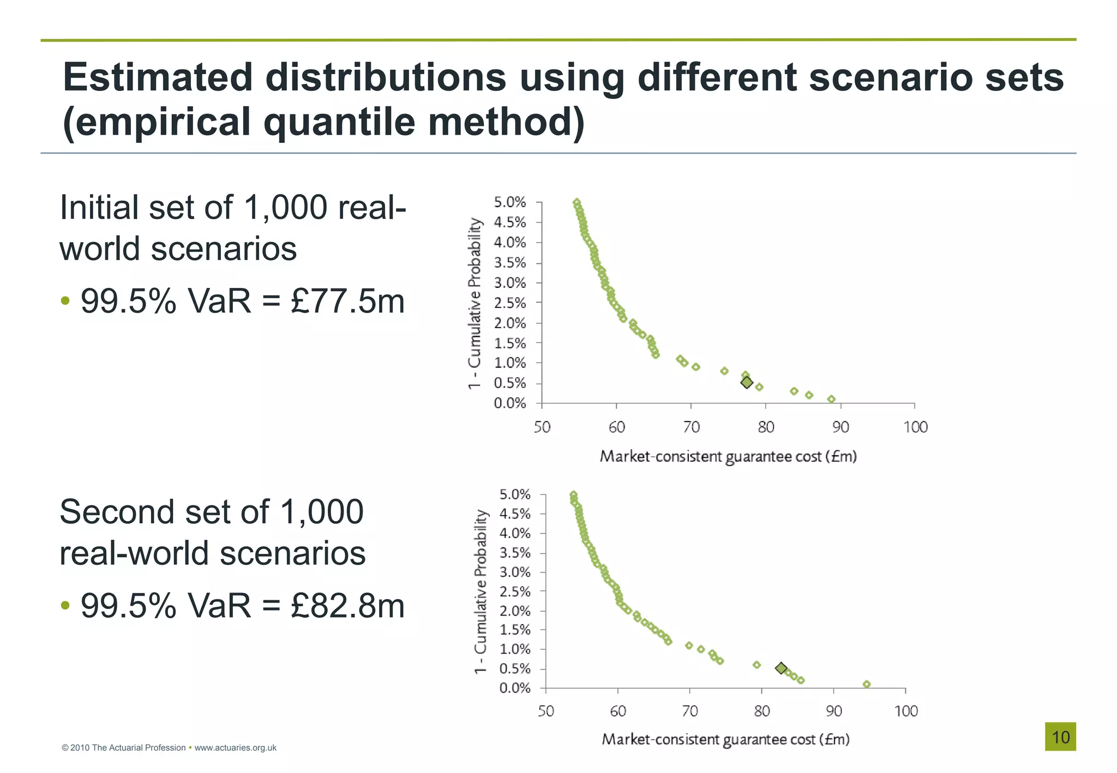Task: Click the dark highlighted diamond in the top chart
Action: click(747, 383)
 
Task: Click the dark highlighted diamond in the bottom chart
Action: click(781, 668)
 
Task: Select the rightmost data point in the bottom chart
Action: click(867, 684)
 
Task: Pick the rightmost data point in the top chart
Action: click(831, 400)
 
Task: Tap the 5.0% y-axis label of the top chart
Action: click(509, 203)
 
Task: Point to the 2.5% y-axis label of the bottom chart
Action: click(514, 591)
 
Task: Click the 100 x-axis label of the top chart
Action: click(915, 427)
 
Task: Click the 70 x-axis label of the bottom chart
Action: click(690, 711)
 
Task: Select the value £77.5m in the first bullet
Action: click(347, 301)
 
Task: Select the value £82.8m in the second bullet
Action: click(347, 606)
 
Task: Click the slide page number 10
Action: click(1060, 737)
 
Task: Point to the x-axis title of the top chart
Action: click(728, 456)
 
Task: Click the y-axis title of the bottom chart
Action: click(480, 591)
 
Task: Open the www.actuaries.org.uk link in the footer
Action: click(235, 748)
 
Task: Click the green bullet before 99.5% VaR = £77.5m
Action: click(65, 301)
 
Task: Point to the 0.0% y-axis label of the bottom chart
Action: click(514, 688)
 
